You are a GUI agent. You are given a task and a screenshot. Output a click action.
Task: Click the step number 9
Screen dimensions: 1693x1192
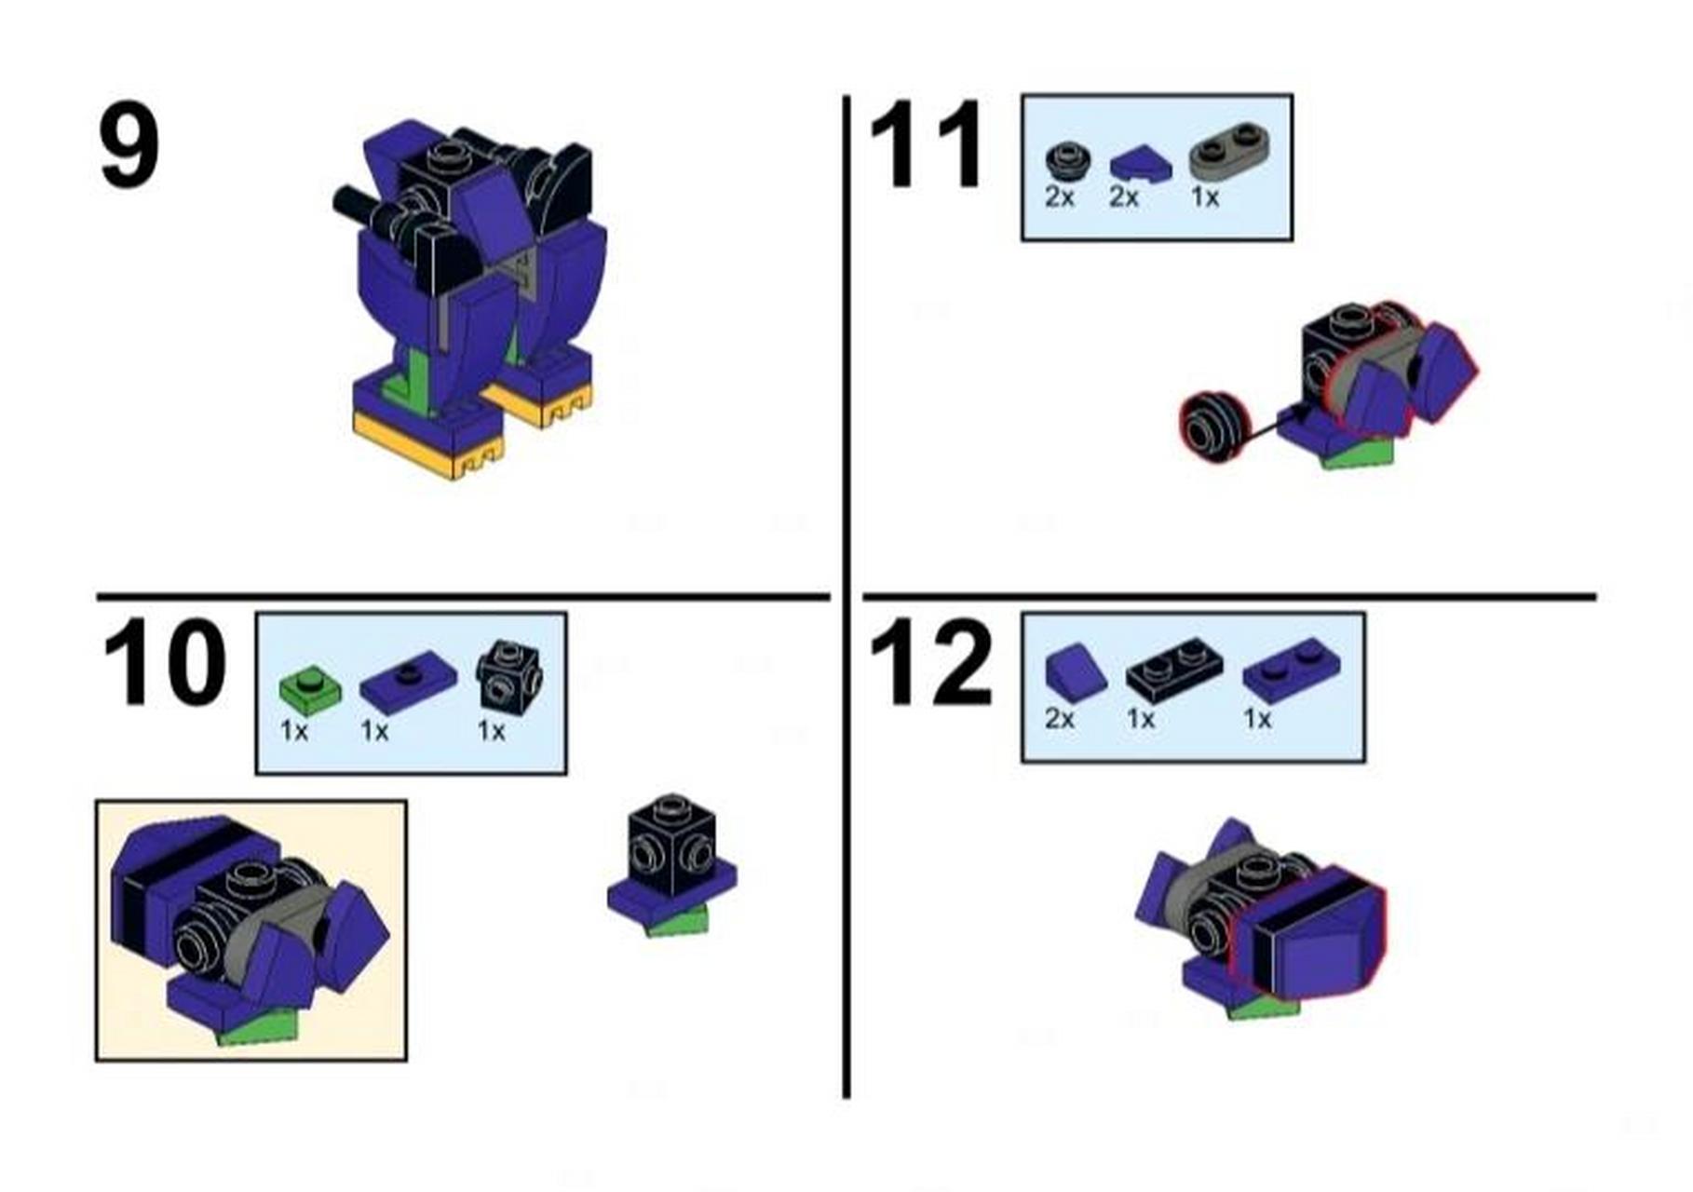click(x=129, y=146)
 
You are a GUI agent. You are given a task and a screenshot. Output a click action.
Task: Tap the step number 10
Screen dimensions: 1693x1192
click(x=164, y=662)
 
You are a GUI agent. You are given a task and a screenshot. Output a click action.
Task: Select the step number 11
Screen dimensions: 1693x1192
click(x=927, y=144)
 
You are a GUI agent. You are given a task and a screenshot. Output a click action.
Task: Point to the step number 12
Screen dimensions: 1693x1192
click(x=930, y=661)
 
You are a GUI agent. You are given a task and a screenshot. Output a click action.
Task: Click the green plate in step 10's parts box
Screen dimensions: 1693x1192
click(x=310, y=690)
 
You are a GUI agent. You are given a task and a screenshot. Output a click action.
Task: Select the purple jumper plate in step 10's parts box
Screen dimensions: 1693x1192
click(x=408, y=682)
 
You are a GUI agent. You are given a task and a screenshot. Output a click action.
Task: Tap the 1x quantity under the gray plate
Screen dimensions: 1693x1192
click(x=1205, y=197)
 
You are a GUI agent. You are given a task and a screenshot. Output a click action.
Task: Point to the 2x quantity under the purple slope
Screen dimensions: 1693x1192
click(x=1060, y=719)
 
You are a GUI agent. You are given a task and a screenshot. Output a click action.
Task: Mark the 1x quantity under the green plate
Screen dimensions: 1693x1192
click(x=294, y=731)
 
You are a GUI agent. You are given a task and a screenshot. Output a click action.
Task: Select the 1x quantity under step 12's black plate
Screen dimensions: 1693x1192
click(x=1141, y=719)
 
